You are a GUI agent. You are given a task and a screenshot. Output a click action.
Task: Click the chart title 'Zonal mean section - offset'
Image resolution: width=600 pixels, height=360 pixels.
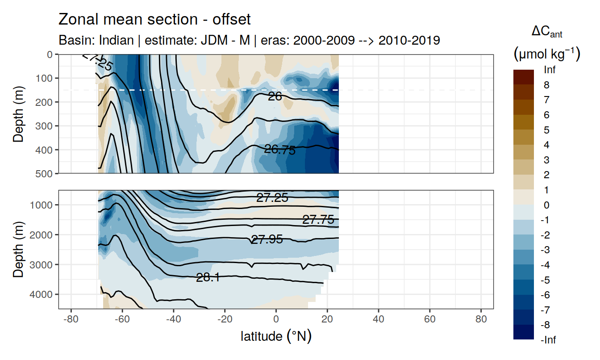click(x=154, y=20)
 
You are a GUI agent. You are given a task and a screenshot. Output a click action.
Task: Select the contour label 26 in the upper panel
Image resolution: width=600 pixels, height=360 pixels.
click(x=275, y=96)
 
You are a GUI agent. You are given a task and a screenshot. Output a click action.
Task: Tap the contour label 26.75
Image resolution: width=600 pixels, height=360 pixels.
click(x=280, y=150)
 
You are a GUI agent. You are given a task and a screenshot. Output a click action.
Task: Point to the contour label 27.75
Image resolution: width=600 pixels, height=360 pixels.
click(x=318, y=220)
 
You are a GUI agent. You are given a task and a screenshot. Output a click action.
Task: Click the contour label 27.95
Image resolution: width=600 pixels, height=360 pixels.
click(x=267, y=239)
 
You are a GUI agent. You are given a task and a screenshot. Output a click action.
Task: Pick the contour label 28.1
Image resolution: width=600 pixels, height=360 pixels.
click(x=208, y=278)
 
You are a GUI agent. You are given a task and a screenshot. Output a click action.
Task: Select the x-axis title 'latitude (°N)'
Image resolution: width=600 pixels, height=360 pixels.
click(x=276, y=336)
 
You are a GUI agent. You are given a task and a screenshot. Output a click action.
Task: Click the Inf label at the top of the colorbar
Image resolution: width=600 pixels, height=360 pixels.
click(x=550, y=70)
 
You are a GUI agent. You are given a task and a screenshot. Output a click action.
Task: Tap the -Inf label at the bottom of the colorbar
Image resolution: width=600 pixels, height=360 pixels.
click(x=549, y=340)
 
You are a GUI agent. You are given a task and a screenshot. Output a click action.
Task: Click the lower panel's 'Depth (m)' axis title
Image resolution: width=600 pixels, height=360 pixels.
click(x=18, y=249)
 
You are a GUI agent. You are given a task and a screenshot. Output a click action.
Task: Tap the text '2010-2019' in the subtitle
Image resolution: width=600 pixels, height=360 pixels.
click(x=409, y=41)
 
